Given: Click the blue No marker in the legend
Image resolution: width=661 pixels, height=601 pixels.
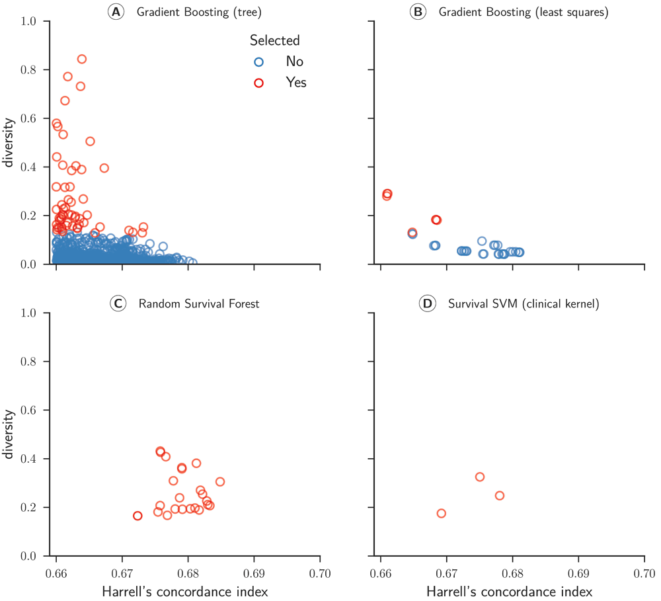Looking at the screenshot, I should tap(259, 61).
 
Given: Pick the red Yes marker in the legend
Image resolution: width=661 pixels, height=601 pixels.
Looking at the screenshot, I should tap(259, 83).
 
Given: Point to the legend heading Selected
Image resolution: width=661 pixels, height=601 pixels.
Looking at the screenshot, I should tap(274, 40).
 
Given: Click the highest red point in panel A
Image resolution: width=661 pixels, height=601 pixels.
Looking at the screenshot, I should tap(82, 59).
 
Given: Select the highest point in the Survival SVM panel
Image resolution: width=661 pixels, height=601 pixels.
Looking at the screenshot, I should tap(480, 477).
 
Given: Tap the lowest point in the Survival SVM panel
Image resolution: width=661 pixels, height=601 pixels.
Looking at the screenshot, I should tap(442, 513).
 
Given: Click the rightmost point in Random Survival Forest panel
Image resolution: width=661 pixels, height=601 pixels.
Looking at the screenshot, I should tap(220, 481).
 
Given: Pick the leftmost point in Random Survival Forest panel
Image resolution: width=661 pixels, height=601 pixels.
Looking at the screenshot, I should tap(137, 516).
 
